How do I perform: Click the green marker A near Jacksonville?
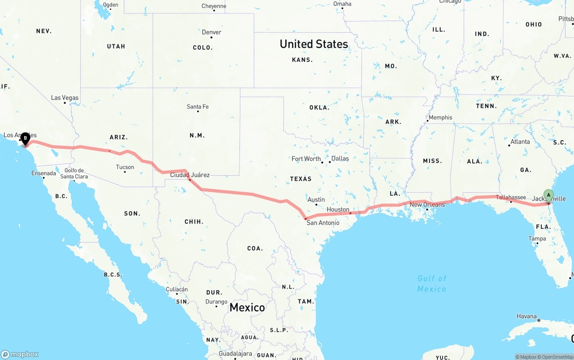pos(548,195)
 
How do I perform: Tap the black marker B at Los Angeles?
pos(25,138)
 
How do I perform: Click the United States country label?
pos(313,44)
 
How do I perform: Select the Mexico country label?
pos(247,307)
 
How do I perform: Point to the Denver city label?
pos(212,32)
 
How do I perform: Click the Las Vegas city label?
pos(65,98)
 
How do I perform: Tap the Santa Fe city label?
pos(198,107)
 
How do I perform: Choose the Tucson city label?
pos(125,167)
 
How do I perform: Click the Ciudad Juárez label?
pos(190,175)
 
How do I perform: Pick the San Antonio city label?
pos(323,222)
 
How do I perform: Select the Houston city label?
pos(338,209)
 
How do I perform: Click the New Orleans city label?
pos(427,205)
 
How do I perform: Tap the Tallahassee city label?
pos(511,197)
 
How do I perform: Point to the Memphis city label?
pos(440,117)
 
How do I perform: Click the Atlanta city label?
pos(520,142)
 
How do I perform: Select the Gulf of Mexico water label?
pos(432,284)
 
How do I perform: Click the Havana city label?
pos(526,316)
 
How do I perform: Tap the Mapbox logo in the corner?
pos(20,354)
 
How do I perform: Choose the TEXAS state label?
pos(300,179)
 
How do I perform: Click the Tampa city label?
pos(537,239)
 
